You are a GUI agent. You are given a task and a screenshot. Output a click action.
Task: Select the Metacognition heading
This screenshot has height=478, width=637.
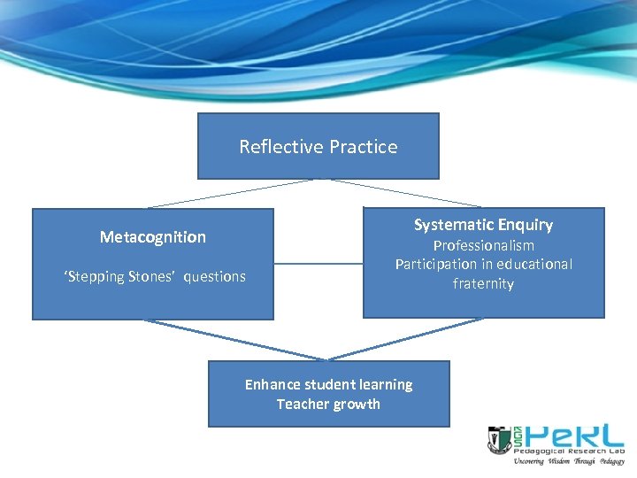[152, 237]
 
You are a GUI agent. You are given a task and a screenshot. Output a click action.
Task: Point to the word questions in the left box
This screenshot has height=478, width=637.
[215, 277]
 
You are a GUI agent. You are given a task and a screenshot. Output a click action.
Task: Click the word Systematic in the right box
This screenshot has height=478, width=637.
[451, 225]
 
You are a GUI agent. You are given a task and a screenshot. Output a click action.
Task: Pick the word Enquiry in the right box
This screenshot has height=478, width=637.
[522, 225]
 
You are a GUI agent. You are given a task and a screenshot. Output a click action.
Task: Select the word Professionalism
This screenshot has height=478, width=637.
[483, 245]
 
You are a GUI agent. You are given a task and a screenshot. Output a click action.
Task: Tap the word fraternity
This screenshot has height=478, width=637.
[483, 283]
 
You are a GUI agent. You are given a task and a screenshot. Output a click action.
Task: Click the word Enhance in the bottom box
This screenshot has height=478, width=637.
[272, 384]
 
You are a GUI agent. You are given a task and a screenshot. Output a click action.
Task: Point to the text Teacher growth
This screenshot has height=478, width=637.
[328, 405]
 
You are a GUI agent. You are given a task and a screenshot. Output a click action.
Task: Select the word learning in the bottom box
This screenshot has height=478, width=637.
[384, 384]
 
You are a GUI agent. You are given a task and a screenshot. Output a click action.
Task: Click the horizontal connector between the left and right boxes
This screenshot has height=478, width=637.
[318, 263]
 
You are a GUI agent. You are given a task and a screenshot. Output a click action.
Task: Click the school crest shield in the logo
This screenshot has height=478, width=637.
[498, 439]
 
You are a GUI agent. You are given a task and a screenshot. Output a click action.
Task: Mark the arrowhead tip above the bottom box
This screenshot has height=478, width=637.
[328, 359]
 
